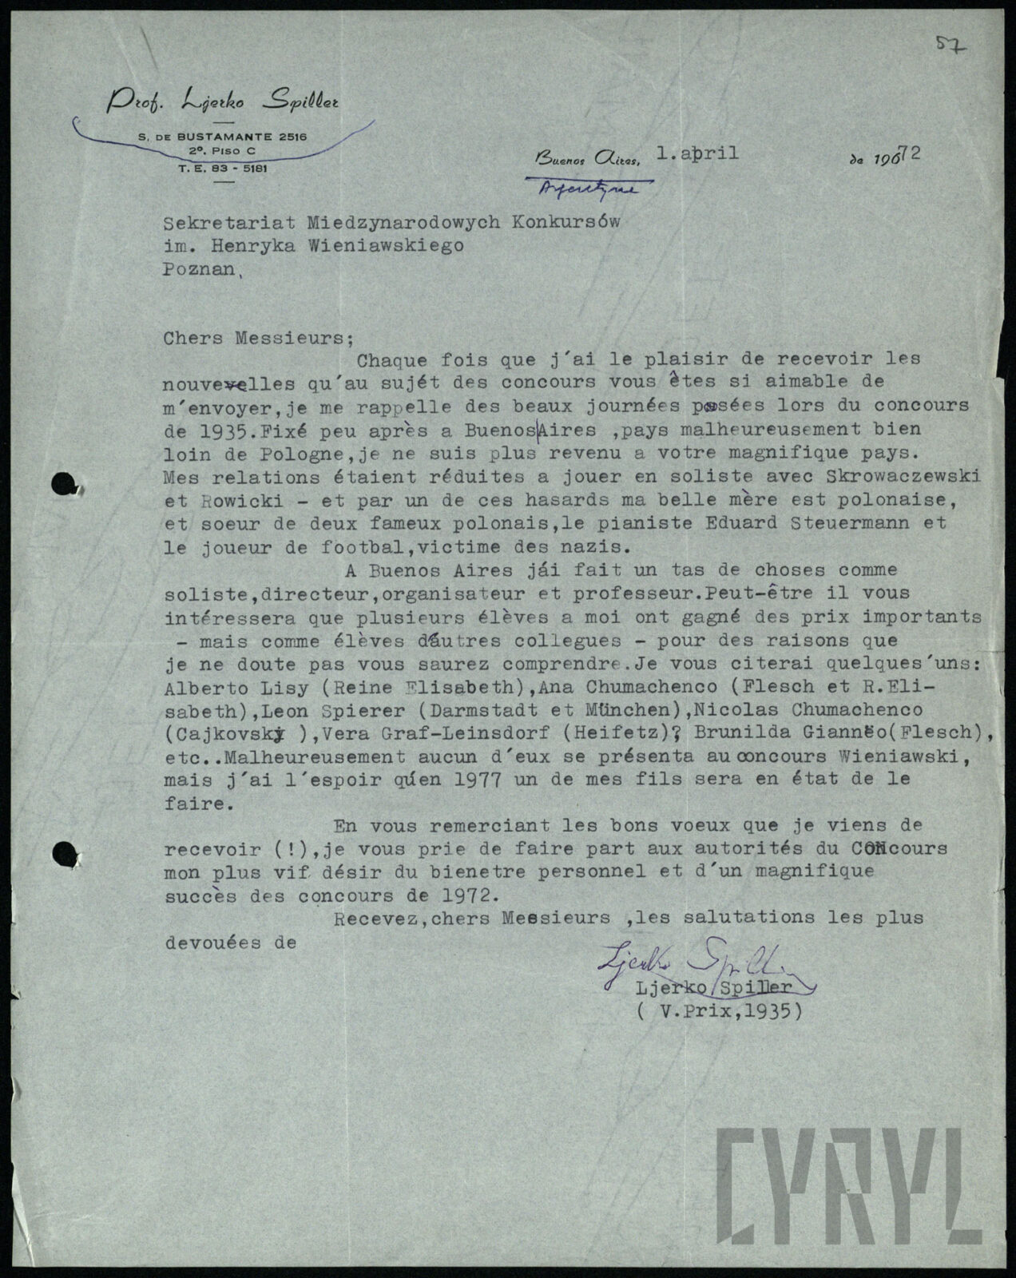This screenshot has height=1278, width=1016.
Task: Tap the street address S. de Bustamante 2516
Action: tap(221, 137)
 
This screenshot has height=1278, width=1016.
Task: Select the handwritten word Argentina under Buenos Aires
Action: tap(596, 189)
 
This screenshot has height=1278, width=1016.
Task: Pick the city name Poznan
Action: tap(200, 269)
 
